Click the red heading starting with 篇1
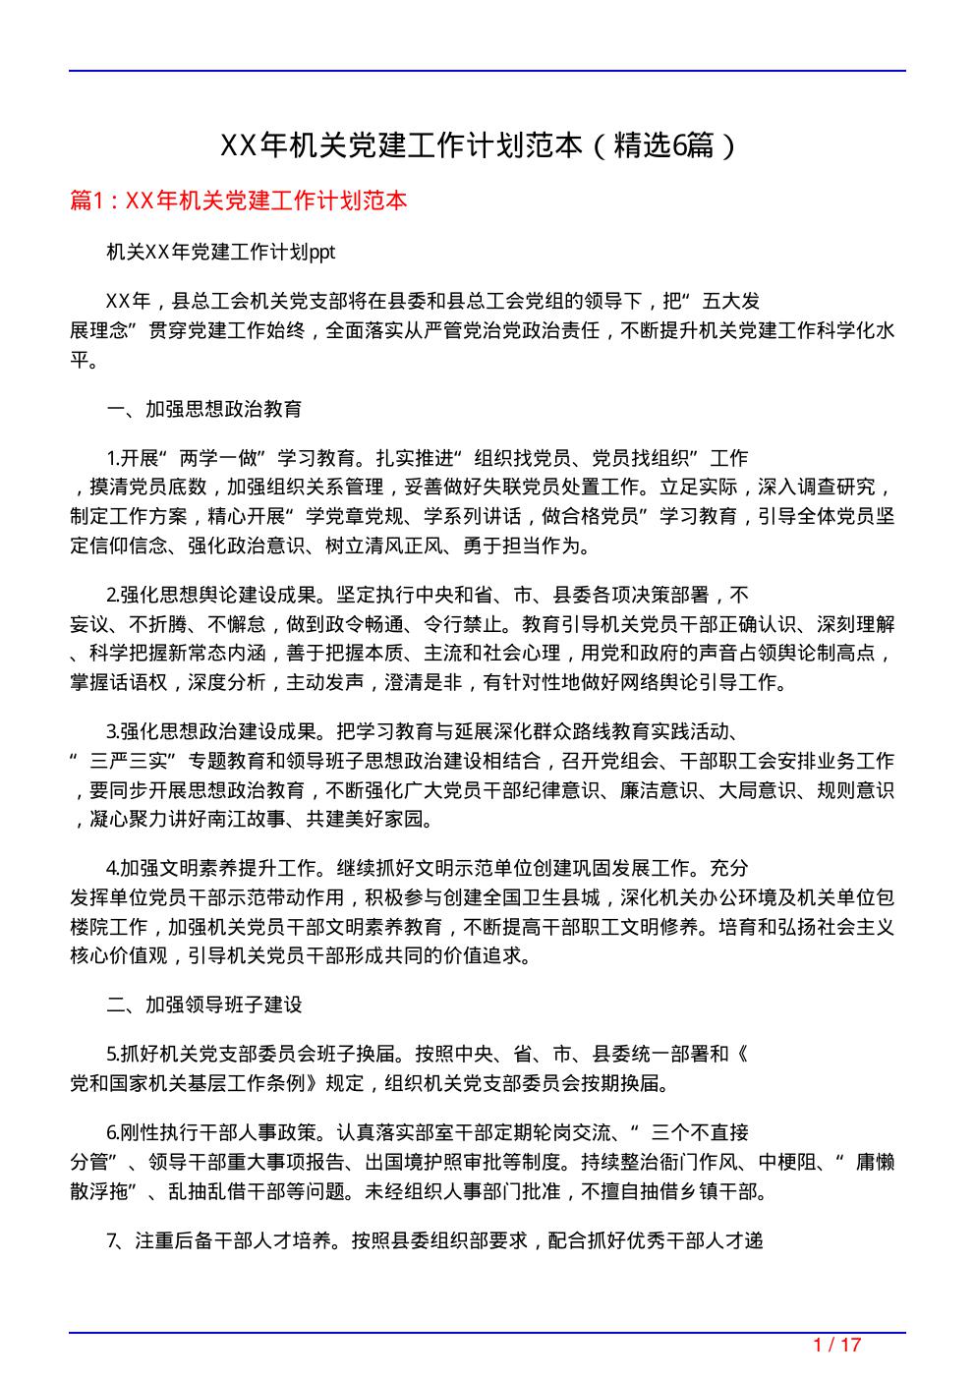pyautogui.click(x=238, y=201)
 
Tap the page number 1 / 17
pyautogui.click(x=837, y=1345)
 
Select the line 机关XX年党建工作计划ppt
pyautogui.click(x=221, y=253)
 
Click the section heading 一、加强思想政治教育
pyautogui.click(x=204, y=409)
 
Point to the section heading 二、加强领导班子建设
pyautogui.click(x=204, y=1005)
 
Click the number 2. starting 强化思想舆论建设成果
pyautogui.click(x=112, y=595)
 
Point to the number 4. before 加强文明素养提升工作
pyautogui.click(x=112, y=868)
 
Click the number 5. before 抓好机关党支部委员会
pyautogui.click(x=112, y=1055)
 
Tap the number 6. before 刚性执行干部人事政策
pyautogui.click(x=112, y=1133)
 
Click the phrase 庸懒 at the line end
pyautogui.click(x=875, y=1162)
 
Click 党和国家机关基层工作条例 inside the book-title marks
pyautogui.click(x=195, y=1084)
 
